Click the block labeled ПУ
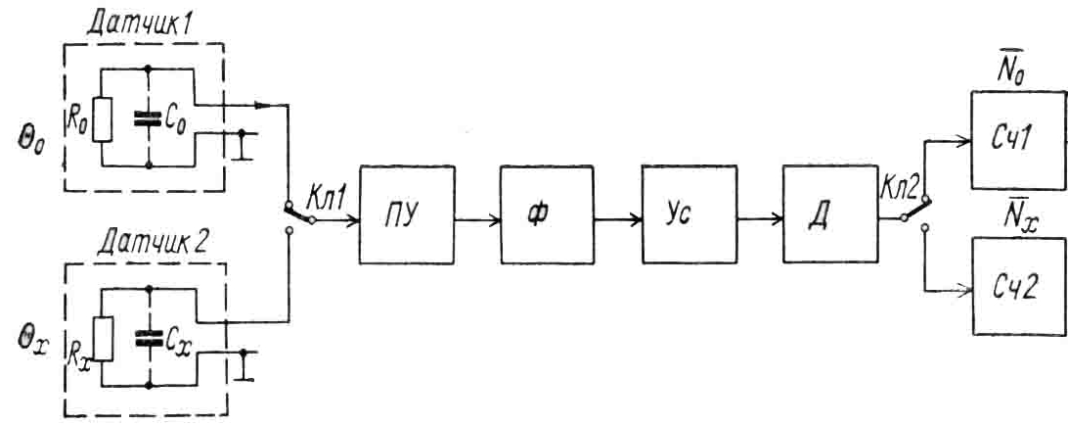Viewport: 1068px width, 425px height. coord(406,214)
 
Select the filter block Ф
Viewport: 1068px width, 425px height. coord(546,214)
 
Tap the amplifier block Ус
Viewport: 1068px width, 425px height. coord(689,214)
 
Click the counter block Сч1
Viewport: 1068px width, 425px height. coord(1017,140)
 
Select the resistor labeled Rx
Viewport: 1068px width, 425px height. coord(102,338)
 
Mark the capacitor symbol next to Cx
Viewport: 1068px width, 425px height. coord(149,338)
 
